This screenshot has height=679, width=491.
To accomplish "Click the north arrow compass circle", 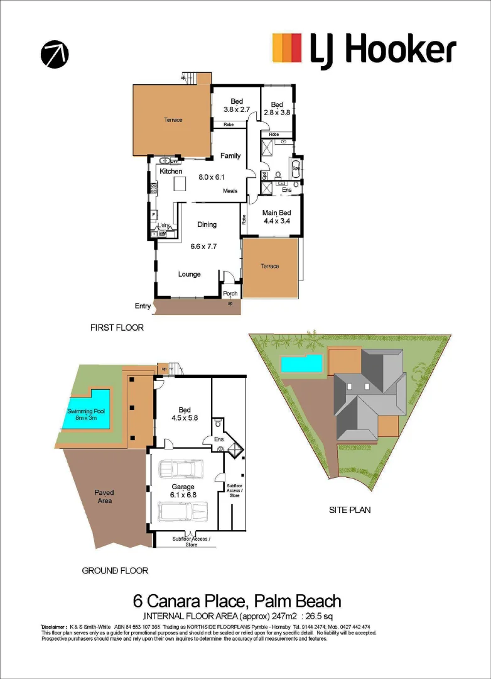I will tap(55, 55).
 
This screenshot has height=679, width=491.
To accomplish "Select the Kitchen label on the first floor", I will tap(171, 171).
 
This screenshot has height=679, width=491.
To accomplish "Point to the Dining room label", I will tap(207, 224).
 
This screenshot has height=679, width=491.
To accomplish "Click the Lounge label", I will tap(189, 274).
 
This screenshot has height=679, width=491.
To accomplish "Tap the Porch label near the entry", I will tap(230, 293).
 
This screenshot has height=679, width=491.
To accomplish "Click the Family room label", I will tap(230, 155).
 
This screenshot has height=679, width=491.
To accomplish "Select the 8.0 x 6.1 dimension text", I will tap(212, 177).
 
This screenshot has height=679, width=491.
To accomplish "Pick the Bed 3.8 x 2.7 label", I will tap(237, 105).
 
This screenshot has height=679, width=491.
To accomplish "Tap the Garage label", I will tap(183, 487).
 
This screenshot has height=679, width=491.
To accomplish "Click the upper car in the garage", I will tap(182, 469).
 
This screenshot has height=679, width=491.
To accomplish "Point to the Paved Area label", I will tap(104, 497).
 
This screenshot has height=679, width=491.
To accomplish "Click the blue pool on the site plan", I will tap(301, 363).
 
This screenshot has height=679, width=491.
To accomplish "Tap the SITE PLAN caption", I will tap(350, 510).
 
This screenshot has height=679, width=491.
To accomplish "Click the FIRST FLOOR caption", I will tap(117, 328).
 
